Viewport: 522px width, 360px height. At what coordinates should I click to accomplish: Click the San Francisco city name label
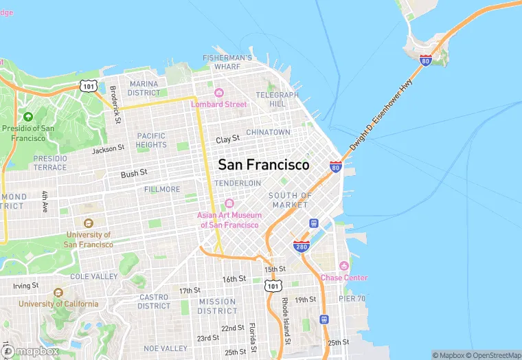point(264,165)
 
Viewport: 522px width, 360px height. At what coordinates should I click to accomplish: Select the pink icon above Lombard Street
point(218,93)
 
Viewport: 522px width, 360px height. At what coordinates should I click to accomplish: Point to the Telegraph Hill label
point(277,99)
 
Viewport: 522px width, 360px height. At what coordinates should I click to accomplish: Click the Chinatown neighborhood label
point(268,132)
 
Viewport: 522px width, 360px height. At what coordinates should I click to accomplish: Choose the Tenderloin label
point(238,183)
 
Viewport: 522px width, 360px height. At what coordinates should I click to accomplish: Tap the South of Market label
point(290,200)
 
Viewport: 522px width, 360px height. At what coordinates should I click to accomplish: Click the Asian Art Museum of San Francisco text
point(228,220)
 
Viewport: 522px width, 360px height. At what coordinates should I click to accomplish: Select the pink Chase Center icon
point(344,266)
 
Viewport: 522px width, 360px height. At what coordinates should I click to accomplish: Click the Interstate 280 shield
point(301,246)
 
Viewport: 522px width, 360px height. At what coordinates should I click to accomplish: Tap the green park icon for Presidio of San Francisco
point(28,117)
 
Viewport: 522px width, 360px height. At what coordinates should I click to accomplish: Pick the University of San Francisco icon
point(87,223)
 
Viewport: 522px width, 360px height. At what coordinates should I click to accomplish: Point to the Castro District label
point(154,302)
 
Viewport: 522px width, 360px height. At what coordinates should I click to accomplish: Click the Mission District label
point(217,306)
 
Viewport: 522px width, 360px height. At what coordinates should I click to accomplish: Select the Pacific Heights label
point(151,140)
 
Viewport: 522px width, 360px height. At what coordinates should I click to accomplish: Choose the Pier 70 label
point(352,298)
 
